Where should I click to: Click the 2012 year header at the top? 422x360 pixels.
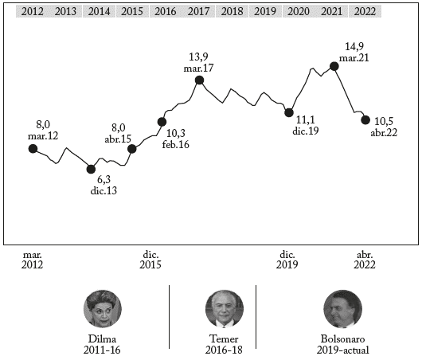(x=33, y=11)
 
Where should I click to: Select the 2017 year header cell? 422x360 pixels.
(x=199, y=11)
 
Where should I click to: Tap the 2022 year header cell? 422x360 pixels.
(x=364, y=11)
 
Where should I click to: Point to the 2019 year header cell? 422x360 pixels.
(x=264, y=11)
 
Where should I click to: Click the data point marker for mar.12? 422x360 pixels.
(x=33, y=148)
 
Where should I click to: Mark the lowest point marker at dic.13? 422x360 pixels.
(x=91, y=169)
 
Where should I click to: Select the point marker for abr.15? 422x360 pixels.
(x=132, y=149)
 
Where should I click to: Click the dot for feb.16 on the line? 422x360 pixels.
(x=162, y=122)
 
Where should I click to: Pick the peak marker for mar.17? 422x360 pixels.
(x=199, y=80)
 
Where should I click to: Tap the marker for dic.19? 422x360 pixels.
(x=289, y=113)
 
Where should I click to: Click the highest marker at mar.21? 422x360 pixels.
(x=334, y=66)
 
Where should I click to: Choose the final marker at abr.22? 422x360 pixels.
(x=365, y=120)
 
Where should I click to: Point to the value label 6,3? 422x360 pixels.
(x=104, y=180)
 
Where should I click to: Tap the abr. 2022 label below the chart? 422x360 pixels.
(x=365, y=260)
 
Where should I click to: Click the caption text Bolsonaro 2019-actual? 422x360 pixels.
(x=343, y=344)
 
